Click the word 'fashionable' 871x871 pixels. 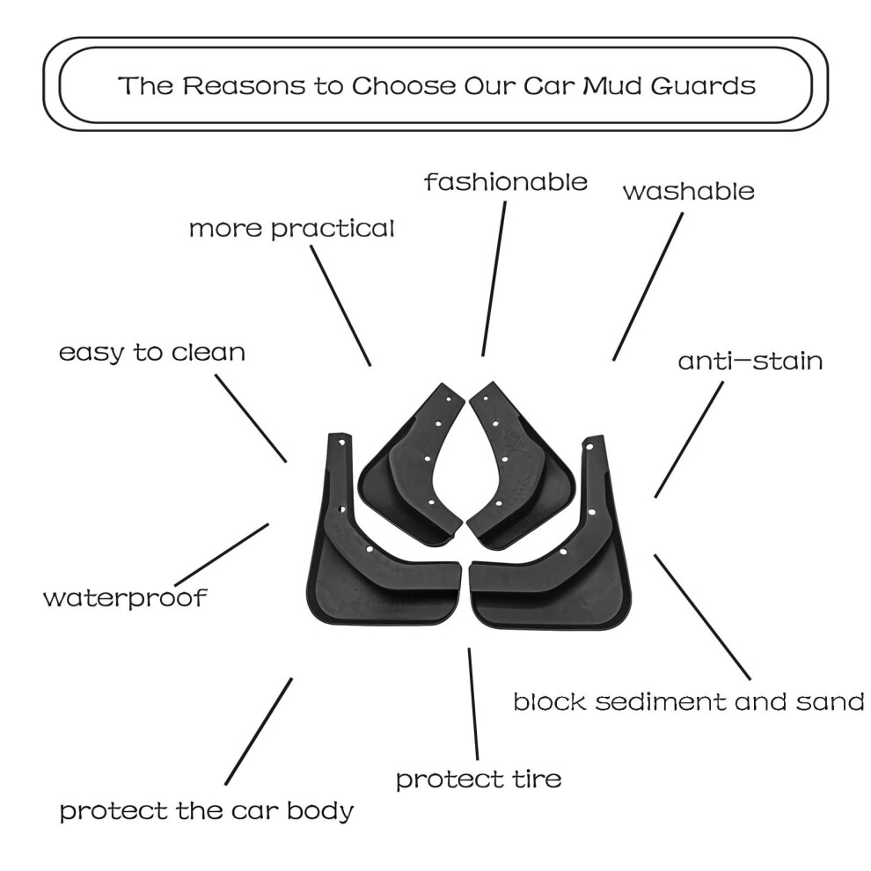pyautogui.click(x=506, y=181)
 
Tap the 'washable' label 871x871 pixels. pyautogui.click(x=689, y=191)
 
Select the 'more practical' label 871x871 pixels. pyautogui.click(x=291, y=229)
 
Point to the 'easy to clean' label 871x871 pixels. pyautogui.click(x=152, y=353)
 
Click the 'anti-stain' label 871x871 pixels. pyautogui.click(x=750, y=361)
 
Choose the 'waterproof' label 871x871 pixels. pyautogui.click(x=125, y=598)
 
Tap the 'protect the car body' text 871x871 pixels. pyautogui.click(x=207, y=811)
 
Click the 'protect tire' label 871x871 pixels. pyautogui.click(x=479, y=780)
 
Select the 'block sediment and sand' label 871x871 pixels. pyautogui.click(x=689, y=701)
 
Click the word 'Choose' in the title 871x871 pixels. pyautogui.click(x=404, y=85)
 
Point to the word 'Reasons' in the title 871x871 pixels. pyautogui.click(x=244, y=85)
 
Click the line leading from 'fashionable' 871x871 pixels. pyautogui.click(x=494, y=278)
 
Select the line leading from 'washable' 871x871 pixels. pyautogui.click(x=648, y=287)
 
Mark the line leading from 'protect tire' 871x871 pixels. pyautogui.click(x=473, y=704)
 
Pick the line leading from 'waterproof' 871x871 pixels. pyautogui.click(x=222, y=554)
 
